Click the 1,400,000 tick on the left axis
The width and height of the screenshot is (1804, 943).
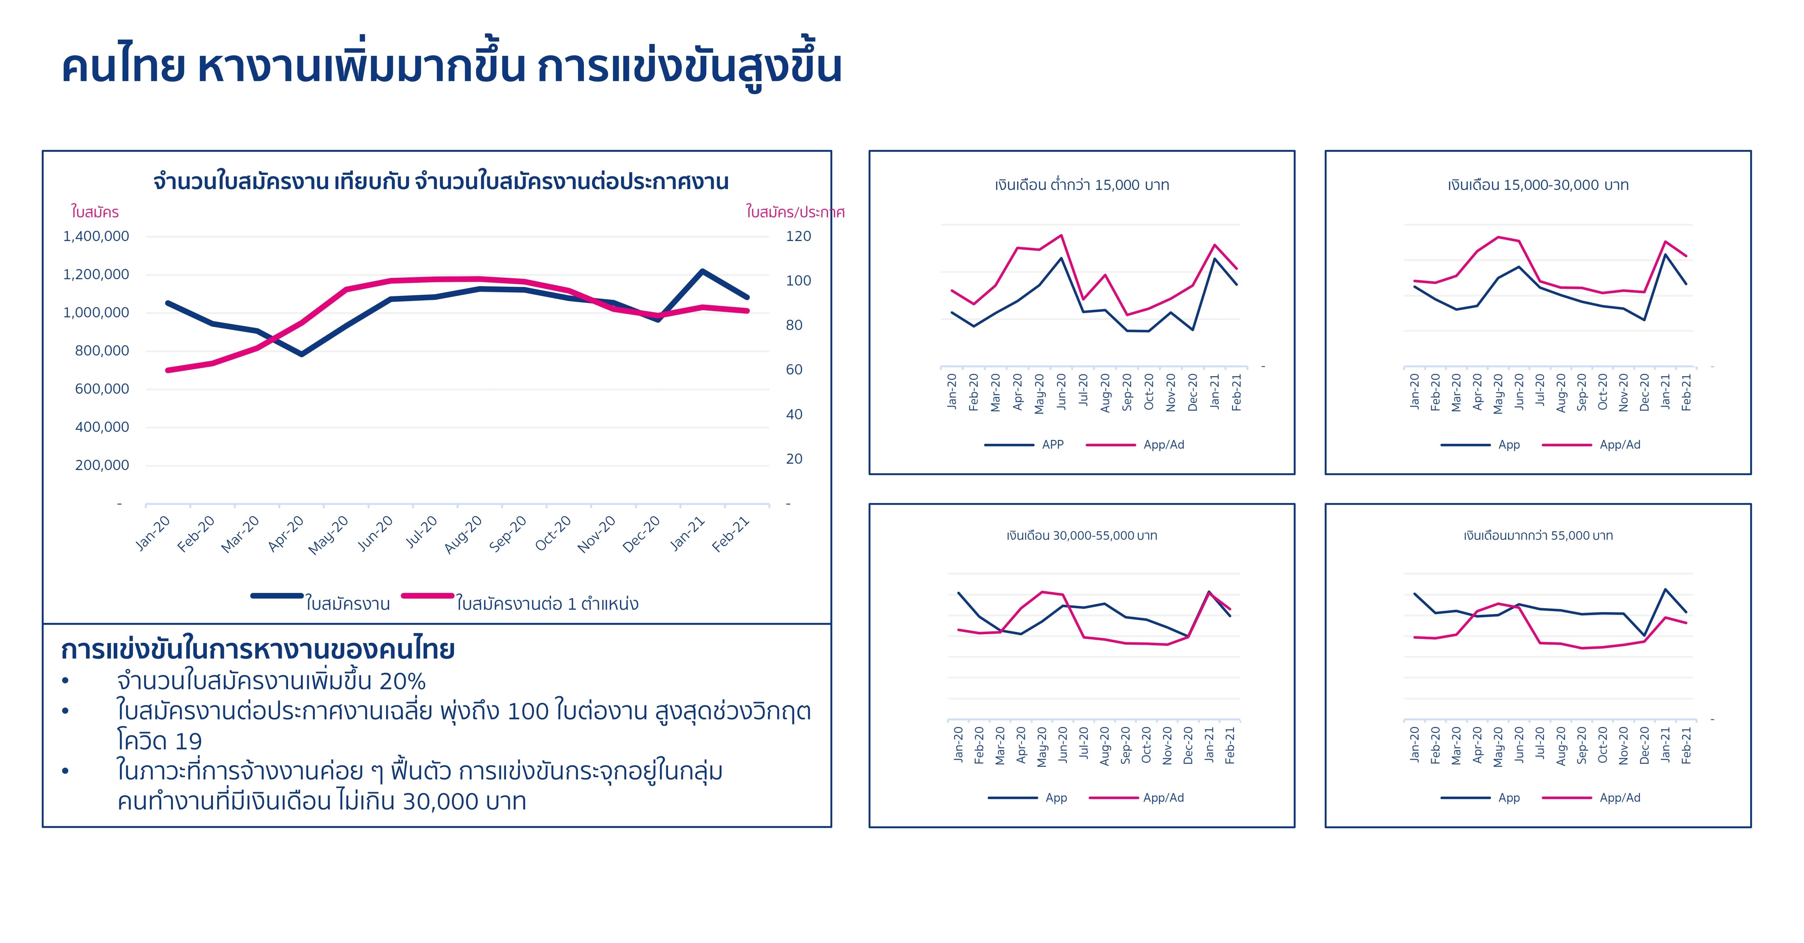coord(96,237)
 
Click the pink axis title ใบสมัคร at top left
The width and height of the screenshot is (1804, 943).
coord(94,212)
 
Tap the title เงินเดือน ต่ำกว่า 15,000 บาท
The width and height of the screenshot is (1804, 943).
coord(1082,185)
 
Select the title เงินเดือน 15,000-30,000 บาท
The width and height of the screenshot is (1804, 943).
coord(1538,185)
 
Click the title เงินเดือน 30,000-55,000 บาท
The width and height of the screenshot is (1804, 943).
coord(1082,536)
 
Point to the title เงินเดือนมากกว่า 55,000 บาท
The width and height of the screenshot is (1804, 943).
coord(1538,536)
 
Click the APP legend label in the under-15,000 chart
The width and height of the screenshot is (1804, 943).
coord(1053,444)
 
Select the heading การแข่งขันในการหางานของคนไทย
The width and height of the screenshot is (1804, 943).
coord(258,650)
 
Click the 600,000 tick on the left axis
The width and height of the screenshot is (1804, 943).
coord(102,389)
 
